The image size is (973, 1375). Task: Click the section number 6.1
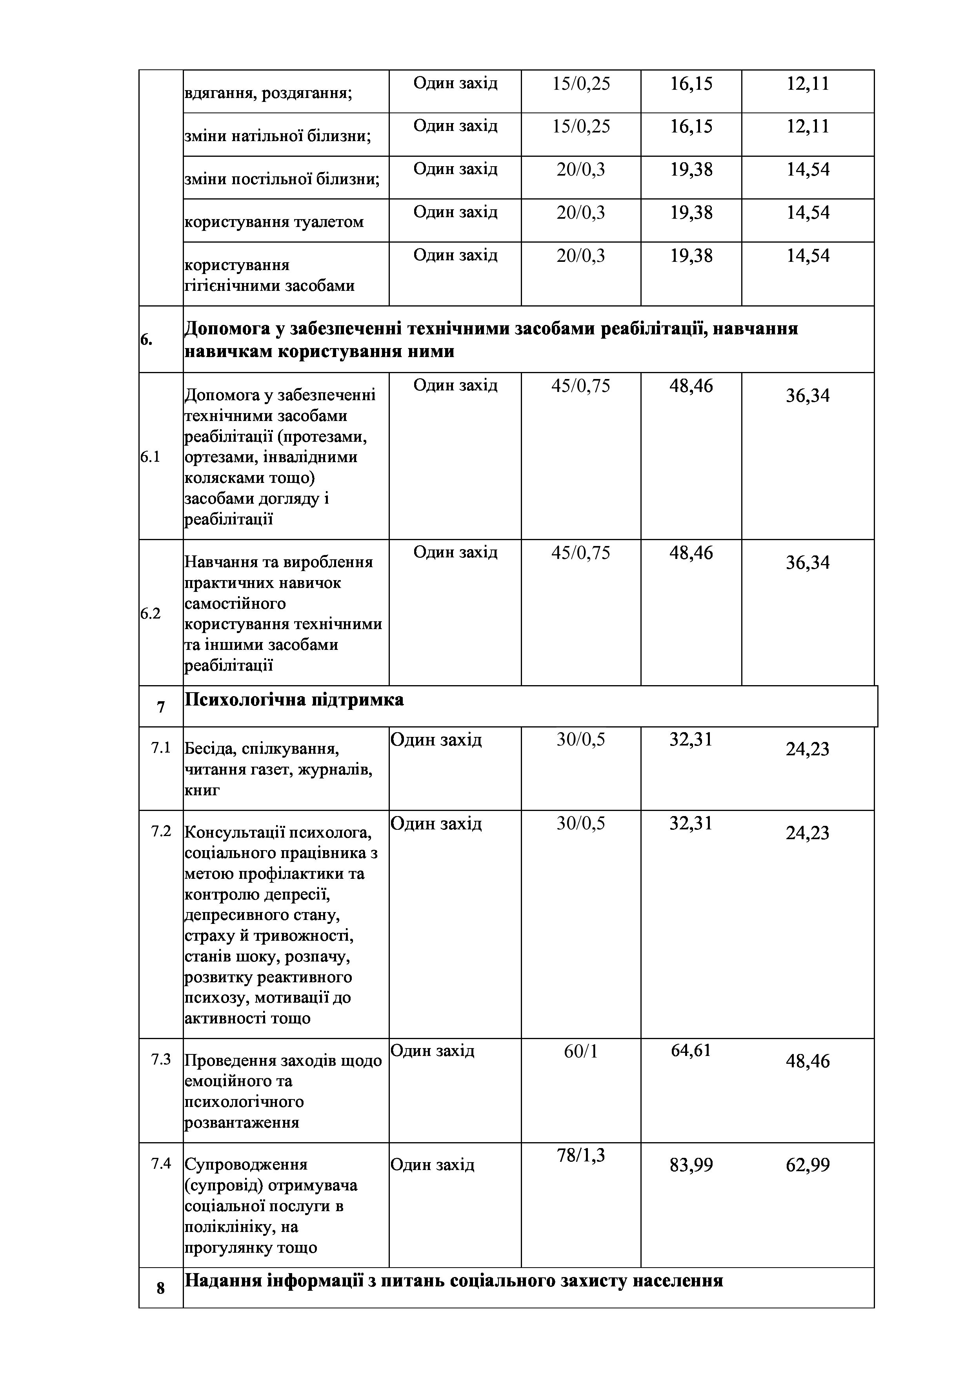[150, 457]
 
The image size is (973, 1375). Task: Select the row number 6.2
[150, 614]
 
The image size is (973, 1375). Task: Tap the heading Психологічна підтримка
[294, 700]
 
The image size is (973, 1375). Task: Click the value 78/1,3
[580, 1155]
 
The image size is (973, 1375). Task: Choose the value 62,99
[807, 1165]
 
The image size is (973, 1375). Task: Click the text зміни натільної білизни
[277, 136]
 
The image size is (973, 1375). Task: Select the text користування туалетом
[274, 222]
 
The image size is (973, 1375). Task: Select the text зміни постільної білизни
[282, 179]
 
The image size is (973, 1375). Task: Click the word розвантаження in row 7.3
[242, 1122]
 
